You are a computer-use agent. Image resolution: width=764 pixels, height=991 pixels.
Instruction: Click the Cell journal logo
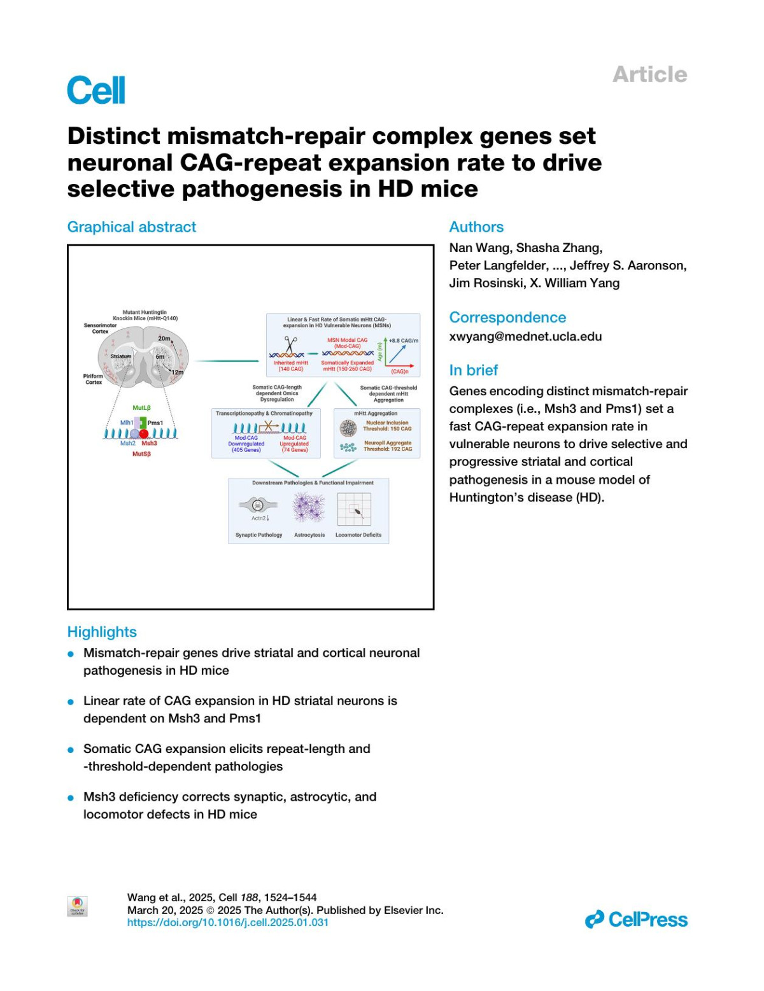tap(96, 90)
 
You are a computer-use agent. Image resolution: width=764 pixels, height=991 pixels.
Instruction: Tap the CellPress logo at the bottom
tap(636, 919)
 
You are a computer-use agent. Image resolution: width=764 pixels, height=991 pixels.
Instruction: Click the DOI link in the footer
tap(228, 922)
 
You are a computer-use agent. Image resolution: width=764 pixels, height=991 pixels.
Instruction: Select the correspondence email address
tap(525, 336)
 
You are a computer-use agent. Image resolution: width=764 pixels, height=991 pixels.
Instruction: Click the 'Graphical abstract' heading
tap(132, 227)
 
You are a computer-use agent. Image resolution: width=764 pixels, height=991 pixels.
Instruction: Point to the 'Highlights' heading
tap(102, 632)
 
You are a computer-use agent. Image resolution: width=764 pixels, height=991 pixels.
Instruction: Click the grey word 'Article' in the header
tap(649, 74)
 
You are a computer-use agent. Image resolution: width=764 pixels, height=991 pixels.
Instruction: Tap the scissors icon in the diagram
tap(291, 344)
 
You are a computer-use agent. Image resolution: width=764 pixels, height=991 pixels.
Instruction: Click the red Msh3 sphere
tap(145, 434)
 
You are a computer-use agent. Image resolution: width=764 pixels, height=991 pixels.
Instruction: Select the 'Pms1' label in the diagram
tap(155, 423)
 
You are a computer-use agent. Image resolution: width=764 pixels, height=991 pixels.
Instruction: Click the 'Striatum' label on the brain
tap(121, 356)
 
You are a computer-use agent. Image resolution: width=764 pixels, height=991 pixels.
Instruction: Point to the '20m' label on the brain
tap(164, 338)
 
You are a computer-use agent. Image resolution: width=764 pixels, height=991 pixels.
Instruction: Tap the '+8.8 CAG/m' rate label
tap(404, 341)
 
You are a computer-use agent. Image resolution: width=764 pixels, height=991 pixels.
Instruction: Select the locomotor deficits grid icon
tap(354, 509)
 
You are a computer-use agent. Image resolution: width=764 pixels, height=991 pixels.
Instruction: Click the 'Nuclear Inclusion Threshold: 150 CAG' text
tap(387, 426)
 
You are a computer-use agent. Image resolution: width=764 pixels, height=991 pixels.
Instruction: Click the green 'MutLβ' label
tap(141, 407)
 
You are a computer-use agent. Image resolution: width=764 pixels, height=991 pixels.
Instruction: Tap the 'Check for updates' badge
tap(78, 906)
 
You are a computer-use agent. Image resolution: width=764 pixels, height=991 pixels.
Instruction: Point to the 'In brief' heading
tap(473, 370)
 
